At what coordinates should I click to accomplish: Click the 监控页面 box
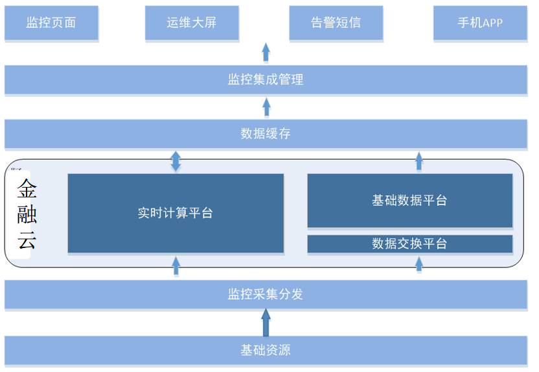tap(51, 23)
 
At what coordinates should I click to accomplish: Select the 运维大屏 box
tap(192, 23)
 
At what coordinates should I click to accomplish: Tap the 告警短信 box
tap(336, 23)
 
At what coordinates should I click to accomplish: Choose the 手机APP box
tap(480, 23)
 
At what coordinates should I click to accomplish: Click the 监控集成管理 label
tap(266, 80)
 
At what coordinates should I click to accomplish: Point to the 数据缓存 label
tap(266, 133)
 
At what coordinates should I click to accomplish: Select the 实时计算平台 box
tap(176, 213)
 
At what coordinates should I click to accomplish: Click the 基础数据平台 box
tap(409, 201)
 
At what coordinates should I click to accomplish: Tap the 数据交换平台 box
tap(409, 244)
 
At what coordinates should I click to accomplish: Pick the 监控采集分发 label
tap(266, 294)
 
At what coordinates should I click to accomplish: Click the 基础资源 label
tap(266, 351)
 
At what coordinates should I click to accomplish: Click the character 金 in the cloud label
tap(27, 189)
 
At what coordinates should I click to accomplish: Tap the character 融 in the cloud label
tap(27, 214)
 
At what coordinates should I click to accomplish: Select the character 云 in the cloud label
tap(27, 240)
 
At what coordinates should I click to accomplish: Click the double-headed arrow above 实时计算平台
tap(176, 161)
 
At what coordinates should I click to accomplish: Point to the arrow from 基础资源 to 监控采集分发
tap(266, 323)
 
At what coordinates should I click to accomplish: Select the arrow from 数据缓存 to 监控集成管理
tap(266, 107)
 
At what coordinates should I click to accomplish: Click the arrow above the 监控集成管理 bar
tap(266, 53)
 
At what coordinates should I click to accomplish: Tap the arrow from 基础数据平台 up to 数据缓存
tap(419, 161)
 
